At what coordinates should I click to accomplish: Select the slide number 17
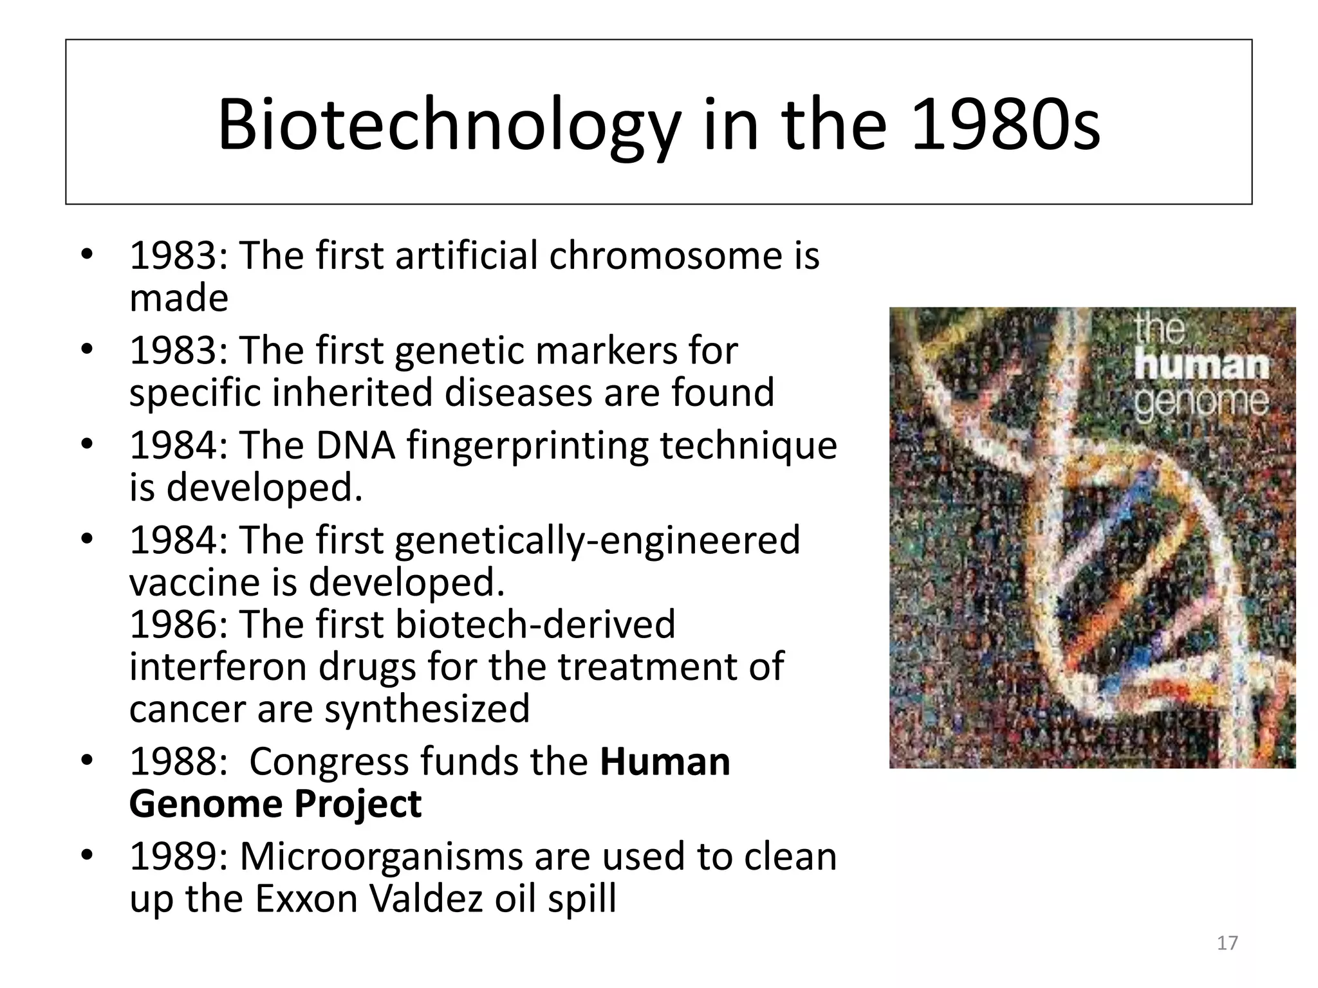(1227, 943)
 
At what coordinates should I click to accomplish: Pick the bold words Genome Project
(275, 804)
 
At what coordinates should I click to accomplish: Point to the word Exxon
(306, 899)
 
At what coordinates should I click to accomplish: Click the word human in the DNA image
(1201, 367)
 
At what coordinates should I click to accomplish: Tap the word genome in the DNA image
(1201, 402)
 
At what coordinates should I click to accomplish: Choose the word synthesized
(427, 709)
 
